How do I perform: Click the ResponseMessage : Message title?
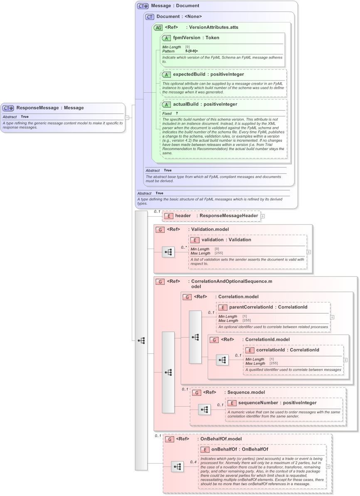pos(50,108)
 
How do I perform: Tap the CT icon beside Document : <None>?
pos(149,17)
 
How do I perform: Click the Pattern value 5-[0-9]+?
pos(192,51)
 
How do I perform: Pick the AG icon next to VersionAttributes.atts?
pos(158,28)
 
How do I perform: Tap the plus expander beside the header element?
pos(263,216)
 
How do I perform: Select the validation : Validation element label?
pos(226,240)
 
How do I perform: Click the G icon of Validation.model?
pos(160,229)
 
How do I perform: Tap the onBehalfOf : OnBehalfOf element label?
pos(239,449)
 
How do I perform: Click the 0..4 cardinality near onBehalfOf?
pos(193,462)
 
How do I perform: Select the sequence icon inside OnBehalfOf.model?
pos(178,466)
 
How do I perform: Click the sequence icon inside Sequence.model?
pos(204,410)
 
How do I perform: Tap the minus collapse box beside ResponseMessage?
pos(127,118)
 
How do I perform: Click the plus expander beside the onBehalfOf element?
pos(328,466)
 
